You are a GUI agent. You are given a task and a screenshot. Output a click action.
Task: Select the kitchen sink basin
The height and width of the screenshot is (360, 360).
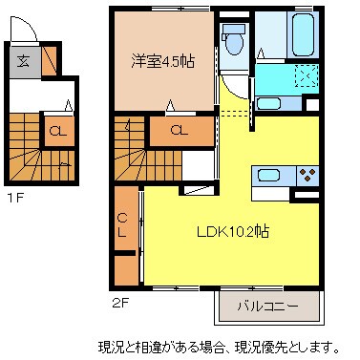(x=267, y=175)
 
